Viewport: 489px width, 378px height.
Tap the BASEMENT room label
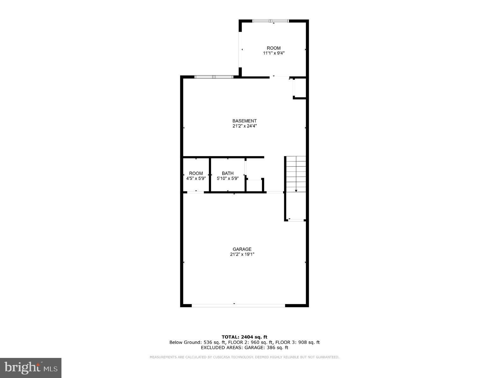pyautogui.click(x=244, y=121)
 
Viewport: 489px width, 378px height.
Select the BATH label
pyautogui.click(x=228, y=173)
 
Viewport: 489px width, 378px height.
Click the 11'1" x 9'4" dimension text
pyautogui.click(x=274, y=53)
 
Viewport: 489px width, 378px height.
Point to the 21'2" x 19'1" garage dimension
pyautogui.click(x=242, y=254)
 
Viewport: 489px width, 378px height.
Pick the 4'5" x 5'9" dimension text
pyautogui.click(x=196, y=178)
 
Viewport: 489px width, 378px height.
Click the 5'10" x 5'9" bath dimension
pyautogui.click(x=228, y=178)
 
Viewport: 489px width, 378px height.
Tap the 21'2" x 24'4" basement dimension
pyautogui.click(x=244, y=126)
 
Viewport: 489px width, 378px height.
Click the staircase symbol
pyautogui.click(x=296, y=174)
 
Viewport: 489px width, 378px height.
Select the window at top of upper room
pyautogui.click(x=270, y=21)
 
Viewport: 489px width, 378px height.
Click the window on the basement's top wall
pyautogui.click(x=214, y=77)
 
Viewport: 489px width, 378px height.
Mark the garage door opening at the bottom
pyautogui.click(x=238, y=305)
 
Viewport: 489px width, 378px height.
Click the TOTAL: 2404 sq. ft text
pyautogui.click(x=244, y=337)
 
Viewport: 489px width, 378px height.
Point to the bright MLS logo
pyautogui.click(x=31, y=368)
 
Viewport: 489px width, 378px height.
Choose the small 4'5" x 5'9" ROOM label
pyautogui.click(x=196, y=173)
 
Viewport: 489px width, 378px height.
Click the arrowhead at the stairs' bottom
pyautogui.click(x=296, y=191)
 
